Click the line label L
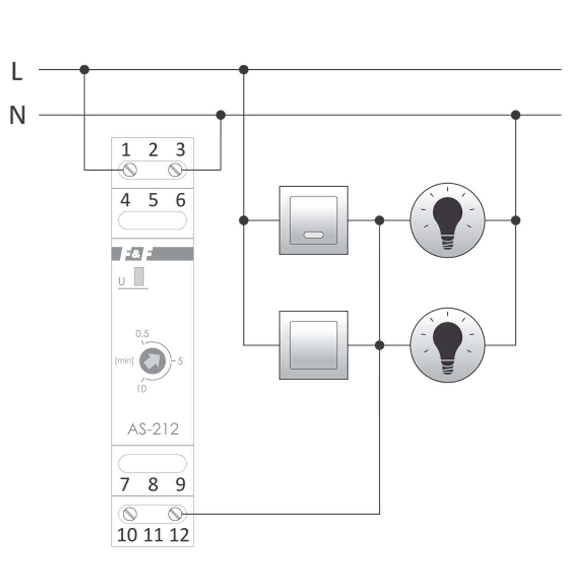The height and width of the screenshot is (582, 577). point(17,72)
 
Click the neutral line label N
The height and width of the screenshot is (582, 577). point(18,116)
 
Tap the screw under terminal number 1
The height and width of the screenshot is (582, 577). point(130,169)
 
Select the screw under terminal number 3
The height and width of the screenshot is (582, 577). point(175,169)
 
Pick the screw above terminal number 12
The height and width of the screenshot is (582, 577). point(175,513)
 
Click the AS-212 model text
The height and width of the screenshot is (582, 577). point(153,429)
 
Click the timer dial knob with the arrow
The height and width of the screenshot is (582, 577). point(152,361)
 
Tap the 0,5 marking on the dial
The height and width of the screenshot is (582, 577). point(142,333)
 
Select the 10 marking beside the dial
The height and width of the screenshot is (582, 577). point(141,389)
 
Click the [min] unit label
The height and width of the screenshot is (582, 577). point(124,360)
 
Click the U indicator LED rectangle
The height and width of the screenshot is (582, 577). point(139,277)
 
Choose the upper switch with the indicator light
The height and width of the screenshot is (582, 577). point(314,220)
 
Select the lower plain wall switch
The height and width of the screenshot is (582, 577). point(314,345)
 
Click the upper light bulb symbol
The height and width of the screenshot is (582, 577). point(447,220)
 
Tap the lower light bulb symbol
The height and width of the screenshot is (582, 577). point(447,345)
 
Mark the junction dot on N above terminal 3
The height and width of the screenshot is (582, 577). point(220,115)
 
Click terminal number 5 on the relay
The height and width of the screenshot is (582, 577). point(153,200)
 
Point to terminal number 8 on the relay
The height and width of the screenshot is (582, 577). point(153,485)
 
